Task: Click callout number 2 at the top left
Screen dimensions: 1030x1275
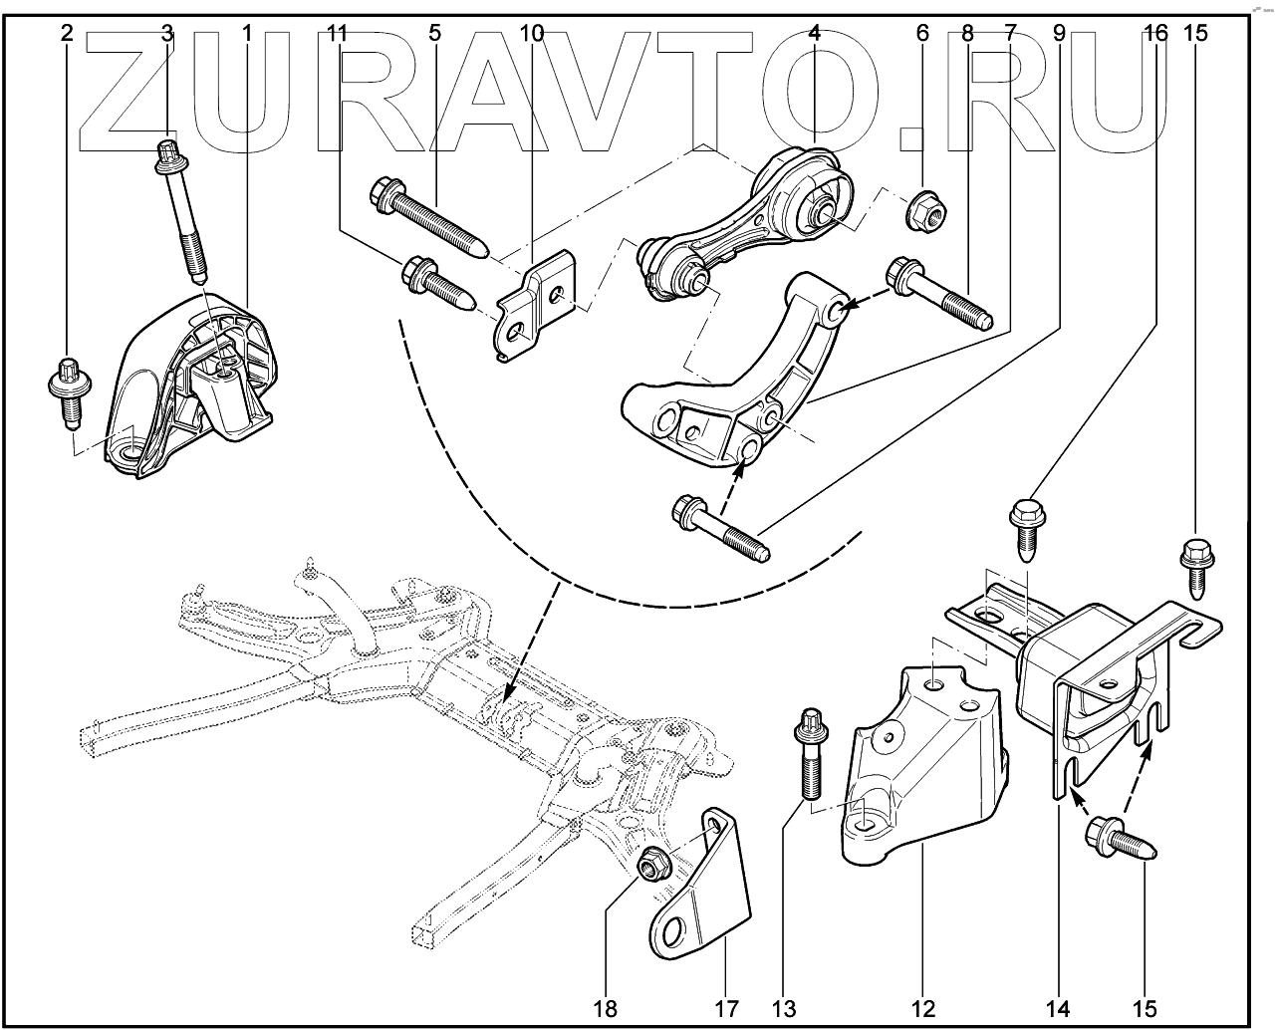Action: coord(67,34)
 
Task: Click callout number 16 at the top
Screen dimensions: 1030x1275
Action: coord(1155,34)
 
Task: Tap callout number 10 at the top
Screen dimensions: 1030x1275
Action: coord(532,34)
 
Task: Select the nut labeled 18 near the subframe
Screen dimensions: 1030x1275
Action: coord(652,866)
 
